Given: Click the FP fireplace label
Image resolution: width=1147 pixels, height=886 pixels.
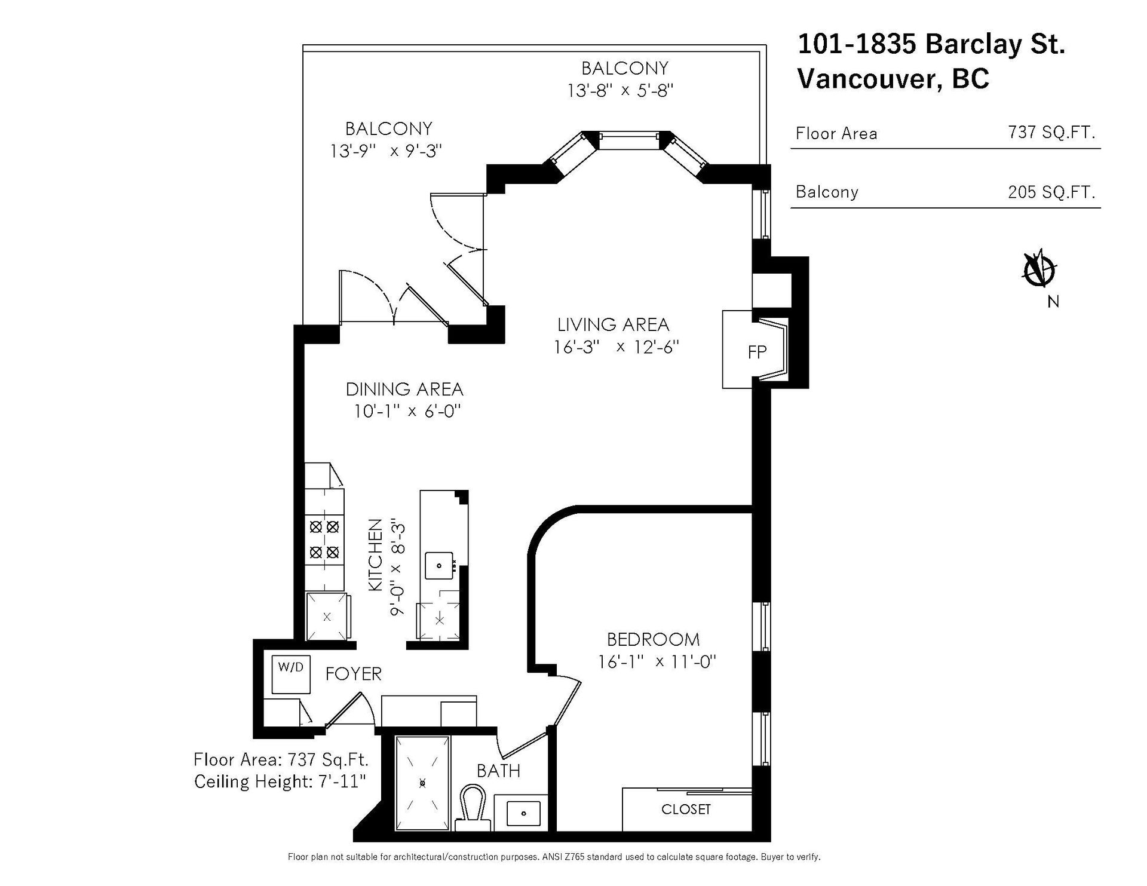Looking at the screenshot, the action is [x=757, y=352].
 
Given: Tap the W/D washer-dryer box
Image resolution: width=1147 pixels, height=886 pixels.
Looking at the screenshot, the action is [x=291, y=674].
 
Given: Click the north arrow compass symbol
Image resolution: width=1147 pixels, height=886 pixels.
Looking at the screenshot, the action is [x=1040, y=271].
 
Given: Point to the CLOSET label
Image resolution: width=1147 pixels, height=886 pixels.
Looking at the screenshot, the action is [x=686, y=810].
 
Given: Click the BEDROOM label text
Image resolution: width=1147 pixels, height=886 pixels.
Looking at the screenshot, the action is [x=653, y=639].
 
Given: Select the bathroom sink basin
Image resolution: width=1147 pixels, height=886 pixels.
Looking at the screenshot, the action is [x=524, y=813].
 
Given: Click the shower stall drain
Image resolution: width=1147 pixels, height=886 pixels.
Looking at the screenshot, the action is [x=423, y=782].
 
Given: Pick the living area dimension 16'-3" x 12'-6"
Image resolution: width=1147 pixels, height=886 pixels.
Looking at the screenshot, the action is [x=617, y=347].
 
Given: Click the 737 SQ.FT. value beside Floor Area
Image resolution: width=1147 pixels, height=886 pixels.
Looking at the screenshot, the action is [x=1051, y=132].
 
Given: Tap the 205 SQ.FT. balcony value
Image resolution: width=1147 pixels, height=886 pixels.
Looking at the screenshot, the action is [x=1051, y=192].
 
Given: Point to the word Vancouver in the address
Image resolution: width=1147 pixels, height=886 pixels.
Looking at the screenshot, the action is [x=869, y=78].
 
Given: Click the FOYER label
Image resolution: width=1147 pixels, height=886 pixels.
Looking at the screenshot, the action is [x=353, y=674].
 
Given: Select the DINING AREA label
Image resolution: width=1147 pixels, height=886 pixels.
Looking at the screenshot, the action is [x=404, y=390].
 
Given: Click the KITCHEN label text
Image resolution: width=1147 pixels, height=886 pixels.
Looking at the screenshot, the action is [x=375, y=556].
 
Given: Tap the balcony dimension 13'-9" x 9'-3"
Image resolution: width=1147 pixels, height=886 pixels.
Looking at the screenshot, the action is [x=386, y=151].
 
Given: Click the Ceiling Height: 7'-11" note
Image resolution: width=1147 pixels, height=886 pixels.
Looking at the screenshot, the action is [x=280, y=781].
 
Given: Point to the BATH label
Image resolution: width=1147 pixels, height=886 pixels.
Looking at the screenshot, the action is [x=498, y=771].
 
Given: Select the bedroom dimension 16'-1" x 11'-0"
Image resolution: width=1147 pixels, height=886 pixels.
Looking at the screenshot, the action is [x=657, y=662].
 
